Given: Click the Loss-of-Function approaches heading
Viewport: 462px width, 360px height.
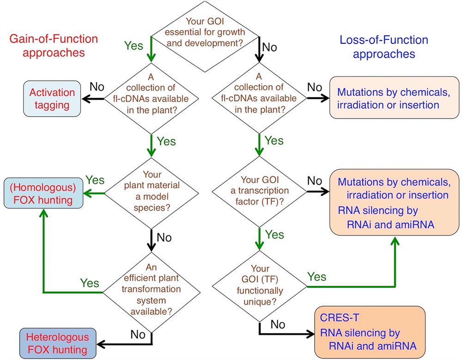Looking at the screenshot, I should click(384, 47).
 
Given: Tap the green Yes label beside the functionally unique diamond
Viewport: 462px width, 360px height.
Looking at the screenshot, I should click(316, 276).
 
